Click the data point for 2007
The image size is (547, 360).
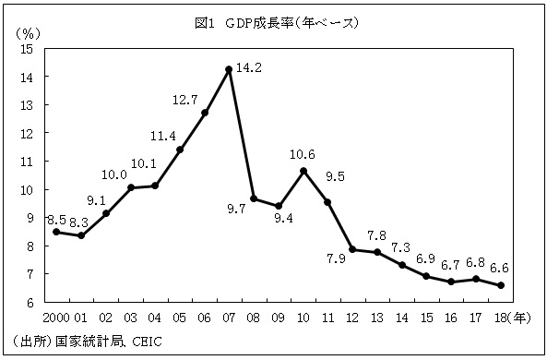pos(229,69)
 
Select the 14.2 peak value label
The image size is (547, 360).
pos(249,67)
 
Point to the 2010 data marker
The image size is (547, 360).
pos(303,171)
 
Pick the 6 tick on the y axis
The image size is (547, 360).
pos(30,302)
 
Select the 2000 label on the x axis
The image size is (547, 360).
pos(55,318)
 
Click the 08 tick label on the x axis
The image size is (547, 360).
pos(254,318)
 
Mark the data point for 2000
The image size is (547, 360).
pos(55,232)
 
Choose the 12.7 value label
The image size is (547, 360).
pos(185,98)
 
